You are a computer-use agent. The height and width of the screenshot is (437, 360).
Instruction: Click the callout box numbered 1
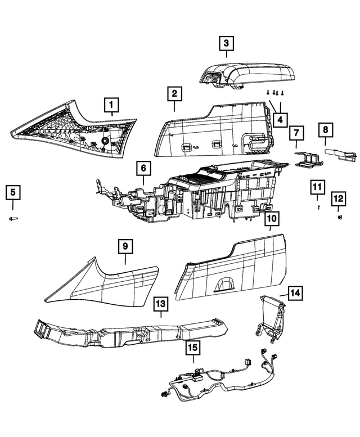point(111,105)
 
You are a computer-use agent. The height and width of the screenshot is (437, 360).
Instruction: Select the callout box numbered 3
point(226,43)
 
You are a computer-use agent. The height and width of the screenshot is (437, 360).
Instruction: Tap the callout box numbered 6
point(143,168)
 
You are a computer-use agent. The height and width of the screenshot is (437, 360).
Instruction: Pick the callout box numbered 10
point(271,218)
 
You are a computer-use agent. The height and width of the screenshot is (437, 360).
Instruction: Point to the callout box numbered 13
point(161,304)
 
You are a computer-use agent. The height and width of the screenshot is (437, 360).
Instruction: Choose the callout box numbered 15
point(193,348)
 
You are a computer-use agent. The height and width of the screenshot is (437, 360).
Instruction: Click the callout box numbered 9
point(125,246)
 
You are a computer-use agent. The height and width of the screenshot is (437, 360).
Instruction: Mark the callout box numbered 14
point(295,293)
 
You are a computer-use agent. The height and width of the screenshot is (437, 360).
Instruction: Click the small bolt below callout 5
point(13,218)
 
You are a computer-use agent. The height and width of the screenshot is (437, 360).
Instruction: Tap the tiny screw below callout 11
point(319,207)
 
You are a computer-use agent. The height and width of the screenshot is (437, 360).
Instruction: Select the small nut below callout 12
point(340,217)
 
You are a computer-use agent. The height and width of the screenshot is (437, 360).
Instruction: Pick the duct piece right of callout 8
point(340,155)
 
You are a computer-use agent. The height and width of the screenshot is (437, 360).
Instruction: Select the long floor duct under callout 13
point(129,332)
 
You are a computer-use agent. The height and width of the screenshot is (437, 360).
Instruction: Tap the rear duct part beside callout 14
point(271,318)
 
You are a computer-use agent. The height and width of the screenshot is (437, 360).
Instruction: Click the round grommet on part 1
point(106,141)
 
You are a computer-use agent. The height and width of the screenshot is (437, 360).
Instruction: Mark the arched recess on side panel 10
point(225,285)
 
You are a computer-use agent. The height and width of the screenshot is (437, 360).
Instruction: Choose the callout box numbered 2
point(174,93)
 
